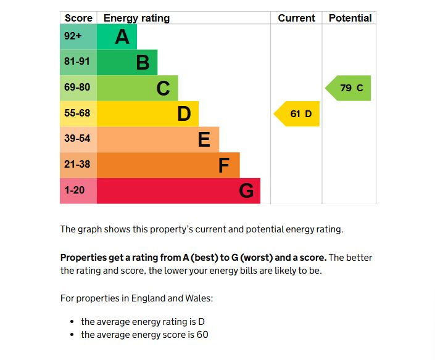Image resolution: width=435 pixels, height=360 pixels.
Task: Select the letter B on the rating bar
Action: pos(143,63)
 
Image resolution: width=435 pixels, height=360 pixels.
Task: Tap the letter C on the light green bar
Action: pos(163,89)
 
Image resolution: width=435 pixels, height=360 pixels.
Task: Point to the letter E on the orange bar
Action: pos(204,140)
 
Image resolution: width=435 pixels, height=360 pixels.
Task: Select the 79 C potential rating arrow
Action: pos(349,88)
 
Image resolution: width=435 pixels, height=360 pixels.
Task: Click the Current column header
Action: pos(296,18)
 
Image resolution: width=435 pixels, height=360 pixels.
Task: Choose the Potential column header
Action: pos(350,18)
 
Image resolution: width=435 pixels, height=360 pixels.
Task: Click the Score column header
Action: pos(78,18)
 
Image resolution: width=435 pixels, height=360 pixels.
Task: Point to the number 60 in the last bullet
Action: pos(202,335)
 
